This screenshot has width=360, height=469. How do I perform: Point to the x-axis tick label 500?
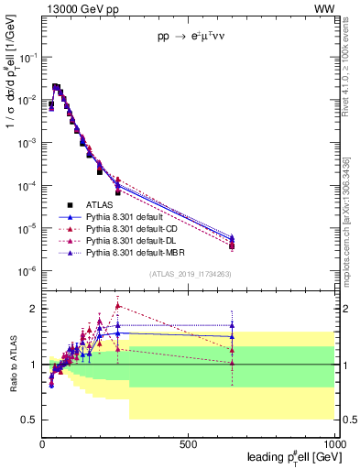tap(189, 443)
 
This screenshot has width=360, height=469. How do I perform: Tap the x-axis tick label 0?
tap(42, 443)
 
